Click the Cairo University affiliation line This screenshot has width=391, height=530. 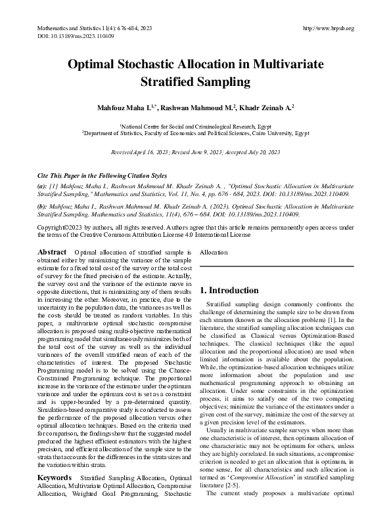coord(195,132)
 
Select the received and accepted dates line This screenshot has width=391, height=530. coord(195,152)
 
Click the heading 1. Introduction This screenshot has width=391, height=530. coord(230,291)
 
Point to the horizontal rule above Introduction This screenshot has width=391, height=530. coord(277,266)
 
